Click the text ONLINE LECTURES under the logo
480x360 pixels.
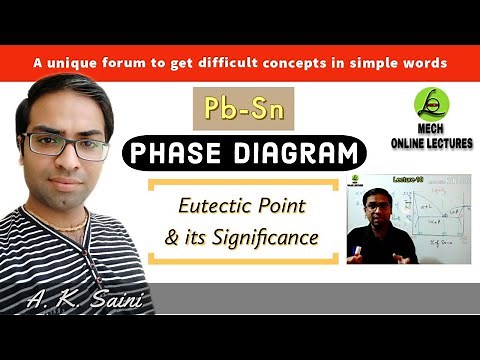coord(432,143)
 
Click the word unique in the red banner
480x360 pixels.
coord(79,62)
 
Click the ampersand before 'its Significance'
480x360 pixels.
coord(171,238)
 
